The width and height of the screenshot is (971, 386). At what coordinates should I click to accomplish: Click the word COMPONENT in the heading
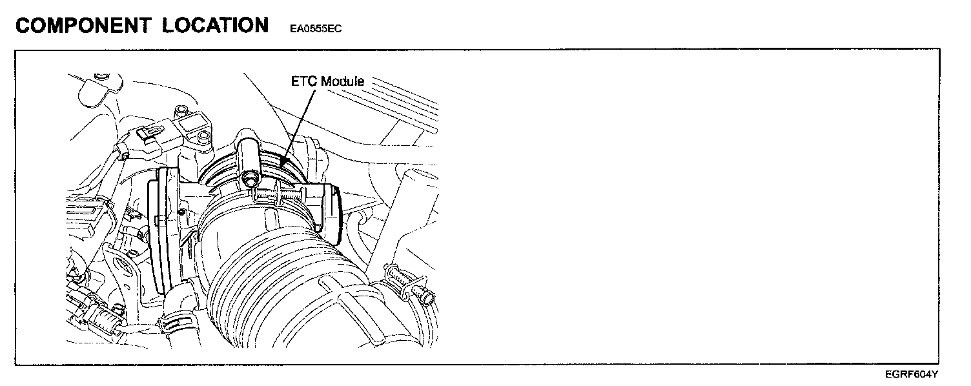(x=83, y=26)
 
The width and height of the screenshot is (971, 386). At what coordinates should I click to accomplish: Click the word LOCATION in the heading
(x=216, y=26)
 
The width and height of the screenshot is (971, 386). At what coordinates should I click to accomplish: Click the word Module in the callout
(x=342, y=82)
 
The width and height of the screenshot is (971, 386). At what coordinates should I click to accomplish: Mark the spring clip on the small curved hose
(x=178, y=320)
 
